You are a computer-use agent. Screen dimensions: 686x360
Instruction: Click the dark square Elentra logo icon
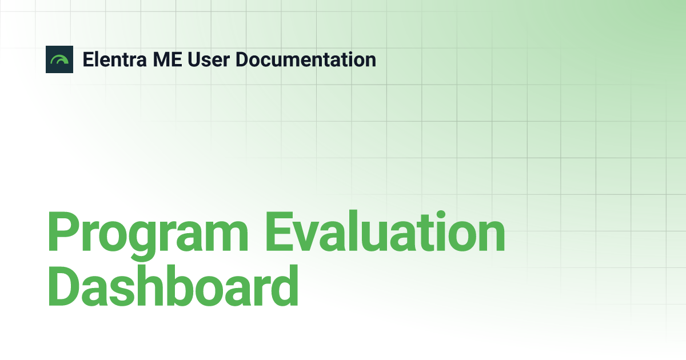coord(59,59)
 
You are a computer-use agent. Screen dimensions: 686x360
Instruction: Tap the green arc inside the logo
coord(59,58)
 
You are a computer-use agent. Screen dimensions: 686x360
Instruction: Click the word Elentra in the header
coord(114,59)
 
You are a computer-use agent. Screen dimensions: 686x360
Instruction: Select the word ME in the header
coord(167,59)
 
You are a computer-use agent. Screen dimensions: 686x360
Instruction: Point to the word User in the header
coord(209,59)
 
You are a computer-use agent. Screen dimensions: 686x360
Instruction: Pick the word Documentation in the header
coord(306,59)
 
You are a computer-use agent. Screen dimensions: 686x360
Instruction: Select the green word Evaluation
coord(385,231)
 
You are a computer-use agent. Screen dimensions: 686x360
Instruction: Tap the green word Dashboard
coord(173,286)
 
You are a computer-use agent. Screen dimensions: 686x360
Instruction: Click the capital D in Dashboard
coord(64,286)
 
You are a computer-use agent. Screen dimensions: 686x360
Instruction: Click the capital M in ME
coord(161,59)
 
